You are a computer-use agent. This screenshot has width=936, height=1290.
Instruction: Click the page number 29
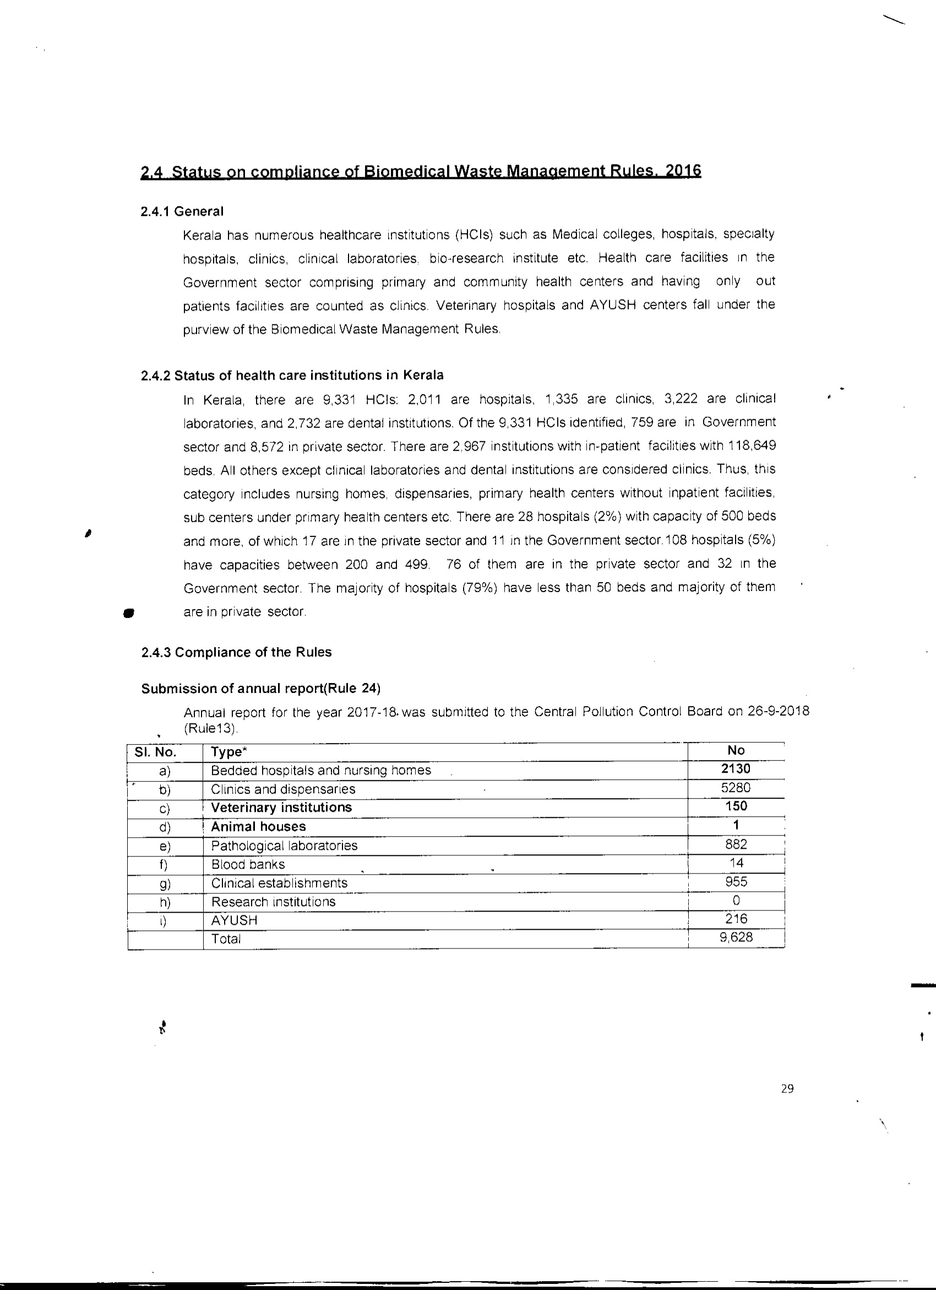[x=787, y=1088]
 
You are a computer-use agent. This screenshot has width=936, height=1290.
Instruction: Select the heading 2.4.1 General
[x=182, y=212]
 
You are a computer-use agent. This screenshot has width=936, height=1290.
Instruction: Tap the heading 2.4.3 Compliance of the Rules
[x=236, y=652]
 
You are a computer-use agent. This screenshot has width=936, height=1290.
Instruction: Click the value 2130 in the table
[x=735, y=769]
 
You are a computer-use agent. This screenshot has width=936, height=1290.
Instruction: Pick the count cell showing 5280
[x=735, y=788]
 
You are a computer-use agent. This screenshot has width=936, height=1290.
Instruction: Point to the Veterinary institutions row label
[x=281, y=807]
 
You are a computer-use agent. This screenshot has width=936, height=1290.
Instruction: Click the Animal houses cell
[x=258, y=826]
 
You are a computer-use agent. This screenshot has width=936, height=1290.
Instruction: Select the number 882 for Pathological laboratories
[x=736, y=844]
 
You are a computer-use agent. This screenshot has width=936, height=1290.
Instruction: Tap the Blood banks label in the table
[x=248, y=865]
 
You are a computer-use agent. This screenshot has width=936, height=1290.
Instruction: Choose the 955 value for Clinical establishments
[x=736, y=882]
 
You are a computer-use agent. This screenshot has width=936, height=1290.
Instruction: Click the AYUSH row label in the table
[x=235, y=920]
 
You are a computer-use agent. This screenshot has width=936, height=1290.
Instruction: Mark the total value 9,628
[x=736, y=937]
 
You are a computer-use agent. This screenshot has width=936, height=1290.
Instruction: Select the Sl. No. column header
[x=155, y=752]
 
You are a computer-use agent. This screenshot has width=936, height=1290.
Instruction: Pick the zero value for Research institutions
[x=736, y=901]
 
